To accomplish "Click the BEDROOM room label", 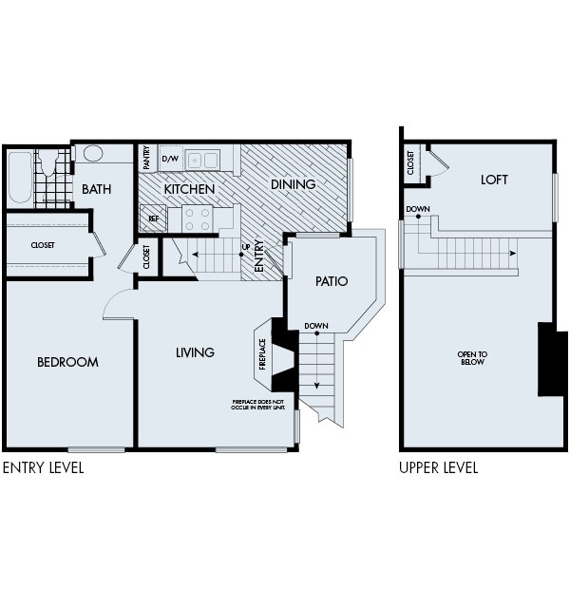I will (67, 362).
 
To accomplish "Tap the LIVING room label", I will (195, 352).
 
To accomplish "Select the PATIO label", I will (331, 281).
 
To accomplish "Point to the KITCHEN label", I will (189, 189).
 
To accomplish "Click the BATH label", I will (96, 189).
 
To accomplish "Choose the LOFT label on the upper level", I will (494, 179).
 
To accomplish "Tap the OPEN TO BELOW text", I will (472, 358).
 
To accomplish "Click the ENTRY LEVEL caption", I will (43, 467).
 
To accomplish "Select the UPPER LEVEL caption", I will (438, 467).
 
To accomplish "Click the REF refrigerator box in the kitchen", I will (154, 218).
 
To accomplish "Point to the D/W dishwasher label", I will (170, 159).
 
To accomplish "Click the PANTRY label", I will (147, 157).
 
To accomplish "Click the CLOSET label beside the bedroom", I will (43, 245).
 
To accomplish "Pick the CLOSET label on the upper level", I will (410, 162).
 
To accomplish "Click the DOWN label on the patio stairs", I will (316, 326).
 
